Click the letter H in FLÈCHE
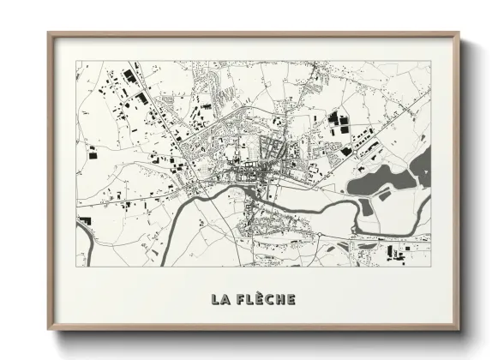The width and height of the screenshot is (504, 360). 281,299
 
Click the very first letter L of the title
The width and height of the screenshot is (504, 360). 213,299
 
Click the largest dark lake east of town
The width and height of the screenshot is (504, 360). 381,180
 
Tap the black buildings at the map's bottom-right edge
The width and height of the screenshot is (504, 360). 395,252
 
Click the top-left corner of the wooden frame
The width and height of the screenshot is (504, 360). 49,33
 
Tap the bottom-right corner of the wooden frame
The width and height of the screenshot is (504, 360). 460,330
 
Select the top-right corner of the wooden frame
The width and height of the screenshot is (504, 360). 460,33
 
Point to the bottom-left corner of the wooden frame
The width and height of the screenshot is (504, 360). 49,330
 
